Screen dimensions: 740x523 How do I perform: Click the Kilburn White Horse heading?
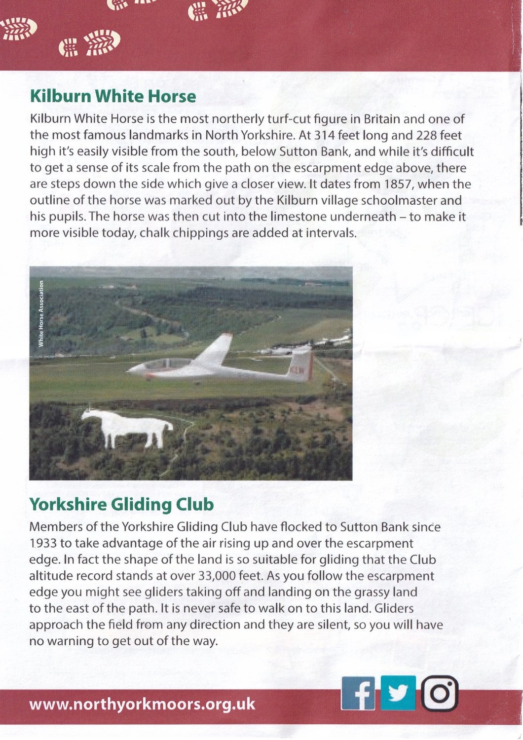click(112, 96)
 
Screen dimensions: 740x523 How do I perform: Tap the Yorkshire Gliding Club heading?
click(121, 504)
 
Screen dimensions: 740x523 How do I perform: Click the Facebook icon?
click(358, 693)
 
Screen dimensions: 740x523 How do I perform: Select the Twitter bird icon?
click(398, 693)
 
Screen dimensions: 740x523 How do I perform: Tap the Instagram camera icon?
click(440, 693)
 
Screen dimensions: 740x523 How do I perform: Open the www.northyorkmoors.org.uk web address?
click(142, 703)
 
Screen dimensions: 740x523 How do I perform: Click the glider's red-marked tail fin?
click(302, 366)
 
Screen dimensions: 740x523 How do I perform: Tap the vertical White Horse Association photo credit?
click(41, 313)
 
